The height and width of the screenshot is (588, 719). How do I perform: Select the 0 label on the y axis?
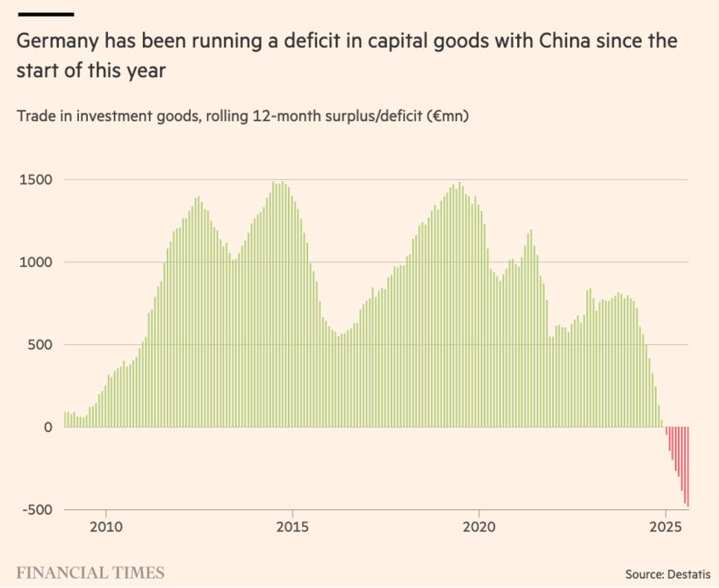[x=48, y=427]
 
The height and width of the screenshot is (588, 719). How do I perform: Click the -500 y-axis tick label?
[x=35, y=510]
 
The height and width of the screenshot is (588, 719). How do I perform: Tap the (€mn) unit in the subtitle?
[x=448, y=116]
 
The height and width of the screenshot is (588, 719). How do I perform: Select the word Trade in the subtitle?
[x=35, y=116]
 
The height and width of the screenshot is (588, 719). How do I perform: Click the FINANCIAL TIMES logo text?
[x=90, y=572]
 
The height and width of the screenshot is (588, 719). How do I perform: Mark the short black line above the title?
[x=45, y=14]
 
